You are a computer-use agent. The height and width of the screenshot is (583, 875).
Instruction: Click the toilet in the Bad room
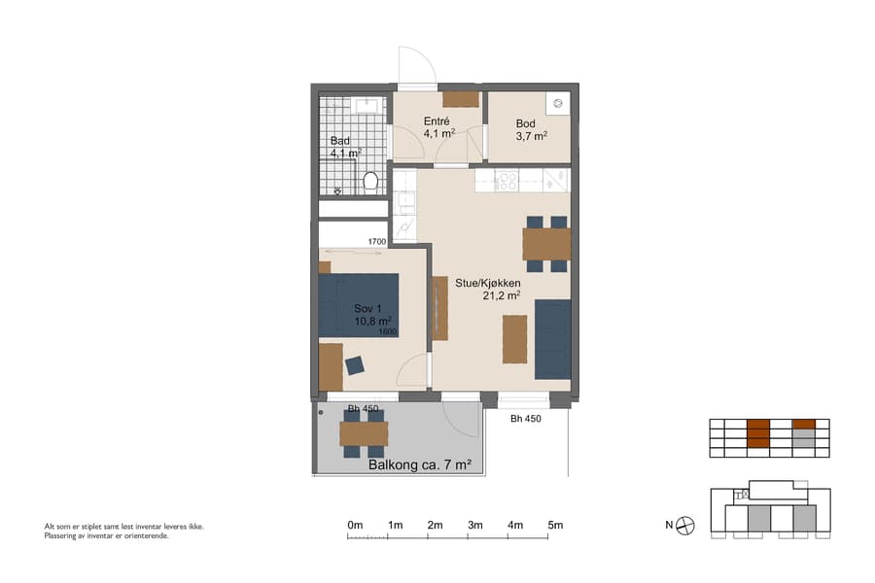(369, 181)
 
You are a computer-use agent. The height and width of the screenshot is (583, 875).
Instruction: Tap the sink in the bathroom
(367, 105)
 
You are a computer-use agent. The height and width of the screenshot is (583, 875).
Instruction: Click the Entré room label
(436, 121)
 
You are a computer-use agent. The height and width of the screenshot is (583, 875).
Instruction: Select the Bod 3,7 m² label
(530, 130)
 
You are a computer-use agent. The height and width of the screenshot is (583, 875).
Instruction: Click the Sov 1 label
(370, 308)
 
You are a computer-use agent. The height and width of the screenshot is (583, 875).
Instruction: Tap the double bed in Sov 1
(360, 305)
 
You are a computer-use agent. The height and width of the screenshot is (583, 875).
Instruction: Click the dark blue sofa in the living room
(552, 339)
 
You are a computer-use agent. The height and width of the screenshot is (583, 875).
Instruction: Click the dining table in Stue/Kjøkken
(546, 243)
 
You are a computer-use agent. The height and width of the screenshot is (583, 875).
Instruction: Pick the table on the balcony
(364, 433)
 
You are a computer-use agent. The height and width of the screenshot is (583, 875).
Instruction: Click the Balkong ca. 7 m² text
(420, 465)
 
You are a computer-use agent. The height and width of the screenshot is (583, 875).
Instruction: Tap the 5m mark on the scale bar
(555, 526)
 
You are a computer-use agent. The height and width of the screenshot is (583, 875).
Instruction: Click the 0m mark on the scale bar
(355, 526)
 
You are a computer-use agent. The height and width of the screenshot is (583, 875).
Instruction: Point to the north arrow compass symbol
(686, 526)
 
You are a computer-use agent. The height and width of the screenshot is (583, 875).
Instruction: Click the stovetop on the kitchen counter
(506, 180)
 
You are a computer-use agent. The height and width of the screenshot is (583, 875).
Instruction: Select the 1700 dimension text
(377, 241)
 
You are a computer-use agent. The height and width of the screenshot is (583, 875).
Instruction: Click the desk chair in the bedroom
(355, 365)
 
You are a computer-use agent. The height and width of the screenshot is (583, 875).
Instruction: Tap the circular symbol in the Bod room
(559, 102)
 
